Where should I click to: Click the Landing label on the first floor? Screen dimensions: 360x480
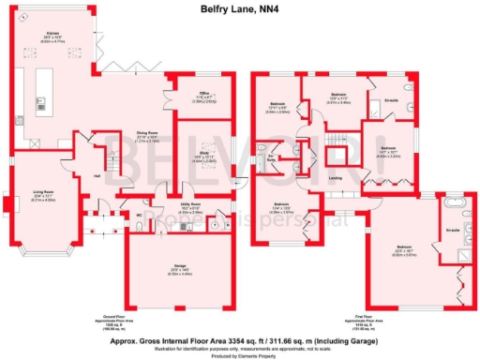point(335,176)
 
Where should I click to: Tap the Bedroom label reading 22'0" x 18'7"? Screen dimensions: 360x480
point(403,248)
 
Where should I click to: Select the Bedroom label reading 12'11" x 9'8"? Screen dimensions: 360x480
point(279,104)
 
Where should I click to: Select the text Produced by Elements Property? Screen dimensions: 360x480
point(240,353)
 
